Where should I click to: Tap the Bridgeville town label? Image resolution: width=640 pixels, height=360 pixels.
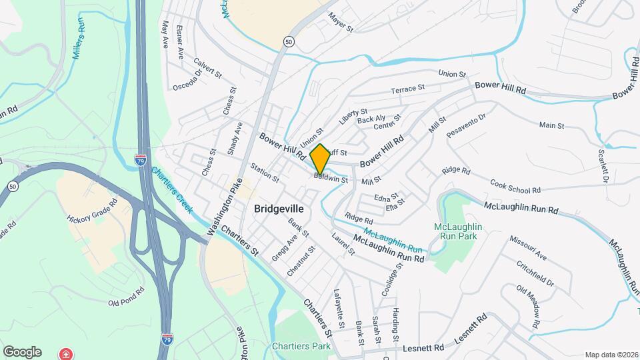pos(279,209)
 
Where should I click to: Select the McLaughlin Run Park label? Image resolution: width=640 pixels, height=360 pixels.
pos(458,231)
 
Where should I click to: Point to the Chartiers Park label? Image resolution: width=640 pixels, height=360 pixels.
pos(301,347)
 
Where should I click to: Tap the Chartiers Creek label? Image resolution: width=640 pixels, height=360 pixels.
pos(172,189)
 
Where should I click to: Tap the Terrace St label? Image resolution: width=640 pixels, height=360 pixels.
pos(407,89)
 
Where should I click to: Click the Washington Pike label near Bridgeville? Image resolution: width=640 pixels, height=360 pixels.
pos(225,207)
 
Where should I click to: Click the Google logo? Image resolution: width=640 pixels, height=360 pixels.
pos(22,351)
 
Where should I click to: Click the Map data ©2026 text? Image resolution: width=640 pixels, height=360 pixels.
pos(611,355)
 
